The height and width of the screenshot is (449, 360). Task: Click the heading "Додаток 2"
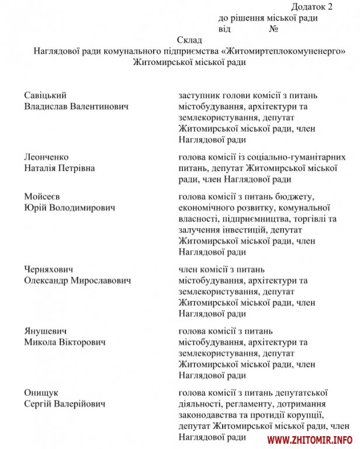pos(310,8)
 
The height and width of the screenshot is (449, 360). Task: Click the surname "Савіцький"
pos(45,95)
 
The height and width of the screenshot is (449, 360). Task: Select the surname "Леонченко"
pos(46,157)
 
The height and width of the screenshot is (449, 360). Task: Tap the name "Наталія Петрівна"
pos(60,168)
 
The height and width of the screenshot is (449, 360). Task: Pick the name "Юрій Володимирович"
pos(70,208)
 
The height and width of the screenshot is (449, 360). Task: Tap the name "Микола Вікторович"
pos(65,342)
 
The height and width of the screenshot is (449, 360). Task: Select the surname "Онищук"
pos(41,393)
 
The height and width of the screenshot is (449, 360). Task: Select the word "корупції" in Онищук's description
pos(306,415)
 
